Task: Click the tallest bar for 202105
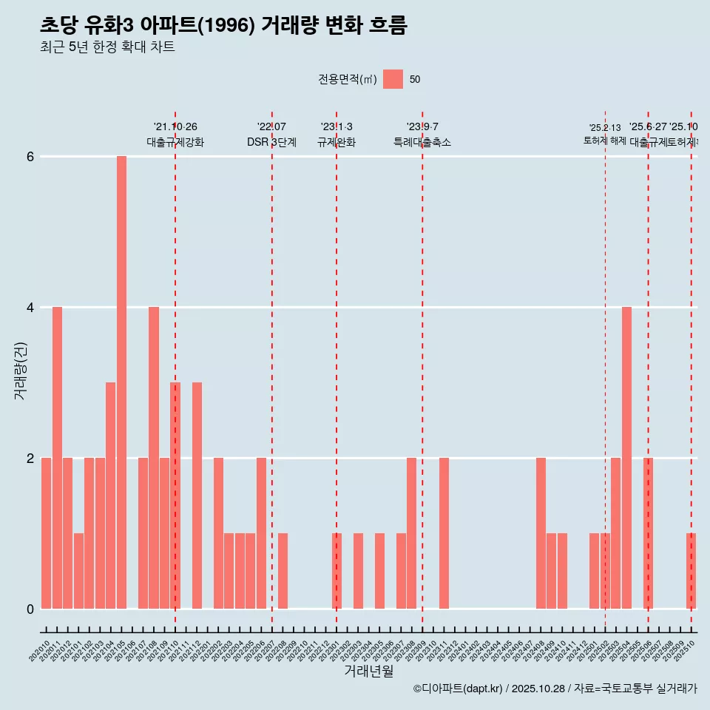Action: [121, 382]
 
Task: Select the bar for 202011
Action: [57, 458]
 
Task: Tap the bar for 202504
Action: [626, 458]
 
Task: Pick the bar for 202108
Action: [154, 458]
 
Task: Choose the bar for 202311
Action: [444, 533]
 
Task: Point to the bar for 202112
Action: [197, 496]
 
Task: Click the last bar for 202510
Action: [691, 571]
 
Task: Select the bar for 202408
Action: [541, 533]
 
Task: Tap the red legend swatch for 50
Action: [393, 79]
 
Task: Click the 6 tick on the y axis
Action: [30, 157]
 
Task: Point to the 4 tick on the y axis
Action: [30, 308]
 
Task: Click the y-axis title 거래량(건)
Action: [21, 371]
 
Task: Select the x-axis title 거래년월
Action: [368, 671]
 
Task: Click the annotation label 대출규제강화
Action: [175, 142]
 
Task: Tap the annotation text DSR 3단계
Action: [271, 142]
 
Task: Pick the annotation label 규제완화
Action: [337, 142]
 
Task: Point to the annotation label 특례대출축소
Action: [422, 142]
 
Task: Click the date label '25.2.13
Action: [605, 128]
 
